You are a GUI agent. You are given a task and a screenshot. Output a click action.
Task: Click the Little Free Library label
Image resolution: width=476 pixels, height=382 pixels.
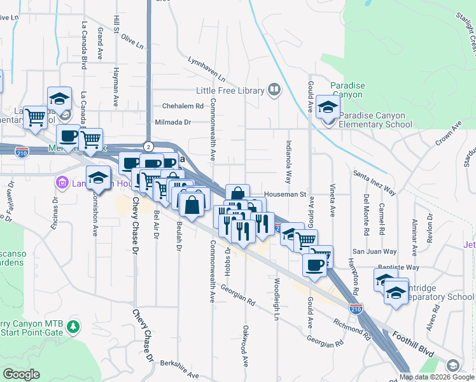tap(230, 90)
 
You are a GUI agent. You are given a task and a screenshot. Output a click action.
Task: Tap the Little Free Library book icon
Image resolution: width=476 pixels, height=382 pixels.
tap(274, 90)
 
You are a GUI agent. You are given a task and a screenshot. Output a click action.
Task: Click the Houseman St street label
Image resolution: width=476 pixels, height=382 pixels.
tap(286, 193)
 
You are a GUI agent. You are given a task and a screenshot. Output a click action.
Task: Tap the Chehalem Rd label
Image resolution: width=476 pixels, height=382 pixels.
tap(183, 106)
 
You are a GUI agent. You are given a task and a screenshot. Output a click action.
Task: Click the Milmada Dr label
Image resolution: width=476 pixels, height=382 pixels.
tap(173, 122)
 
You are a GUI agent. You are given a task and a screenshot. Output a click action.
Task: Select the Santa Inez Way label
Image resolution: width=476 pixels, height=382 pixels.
tap(375, 181)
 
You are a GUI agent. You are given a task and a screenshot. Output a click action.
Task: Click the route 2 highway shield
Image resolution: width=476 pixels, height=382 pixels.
tap(147, 146)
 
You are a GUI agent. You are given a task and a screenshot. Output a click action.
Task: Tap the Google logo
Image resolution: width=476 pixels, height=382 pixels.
tap(22, 374)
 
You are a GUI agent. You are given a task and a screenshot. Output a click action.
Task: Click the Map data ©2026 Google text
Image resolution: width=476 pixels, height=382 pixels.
tap(436, 377)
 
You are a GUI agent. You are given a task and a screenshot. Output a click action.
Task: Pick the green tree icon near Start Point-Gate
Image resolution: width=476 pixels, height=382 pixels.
tap(74, 327)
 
